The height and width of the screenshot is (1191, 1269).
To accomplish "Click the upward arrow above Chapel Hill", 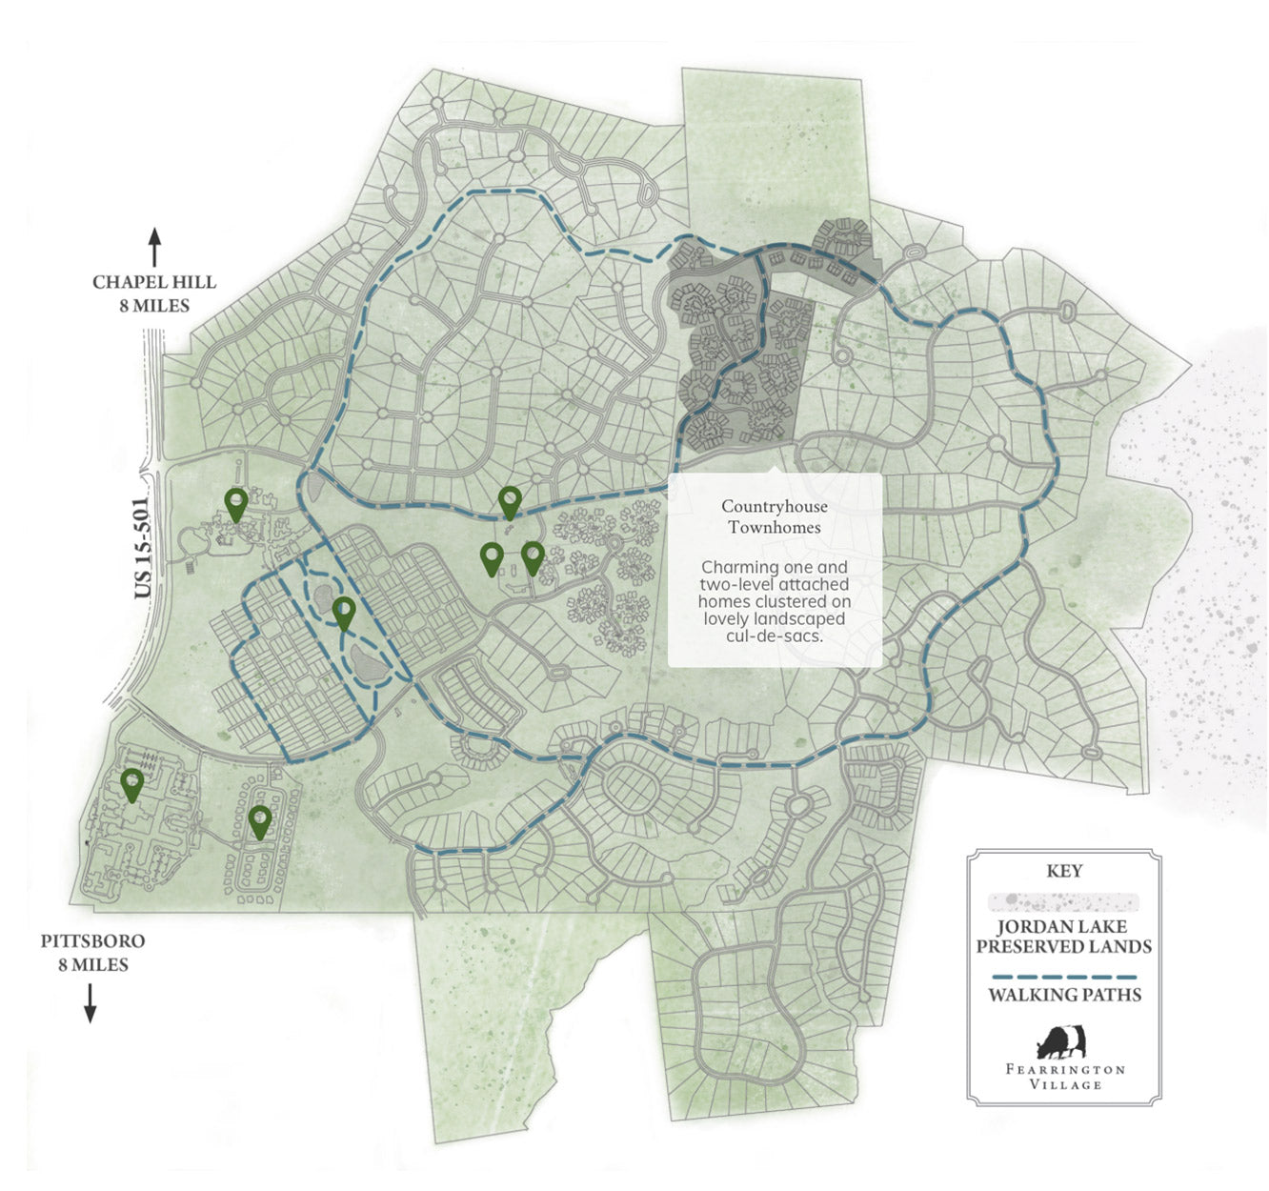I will [x=154, y=247].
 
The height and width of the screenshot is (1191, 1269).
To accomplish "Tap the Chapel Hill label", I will [x=154, y=283].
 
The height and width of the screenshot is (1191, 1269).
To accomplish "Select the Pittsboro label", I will [x=92, y=941].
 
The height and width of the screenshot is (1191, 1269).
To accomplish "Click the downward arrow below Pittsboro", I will [x=91, y=1002].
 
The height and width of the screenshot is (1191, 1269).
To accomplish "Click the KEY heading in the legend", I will [x=1064, y=871].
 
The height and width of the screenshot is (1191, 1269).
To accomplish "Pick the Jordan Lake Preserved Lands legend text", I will [x=1064, y=937].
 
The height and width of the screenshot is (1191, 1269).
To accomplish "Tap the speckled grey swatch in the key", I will [x=1064, y=901].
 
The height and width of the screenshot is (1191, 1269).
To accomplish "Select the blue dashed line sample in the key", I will [x=1064, y=977].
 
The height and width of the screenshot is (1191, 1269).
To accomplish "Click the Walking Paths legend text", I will [x=1064, y=996].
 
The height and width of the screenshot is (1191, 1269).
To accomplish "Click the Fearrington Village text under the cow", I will [x=1064, y=1077].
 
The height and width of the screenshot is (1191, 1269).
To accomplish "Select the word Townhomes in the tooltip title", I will [x=775, y=527].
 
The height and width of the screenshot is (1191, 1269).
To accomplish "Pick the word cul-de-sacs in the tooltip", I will [x=775, y=636].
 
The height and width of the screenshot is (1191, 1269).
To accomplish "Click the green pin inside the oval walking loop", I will [x=344, y=612].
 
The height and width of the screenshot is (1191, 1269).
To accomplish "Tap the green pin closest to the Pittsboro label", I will [x=132, y=784].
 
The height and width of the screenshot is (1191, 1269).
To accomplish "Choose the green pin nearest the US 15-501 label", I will [x=236, y=502].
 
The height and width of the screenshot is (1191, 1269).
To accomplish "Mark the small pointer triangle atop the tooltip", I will [x=774, y=469].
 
